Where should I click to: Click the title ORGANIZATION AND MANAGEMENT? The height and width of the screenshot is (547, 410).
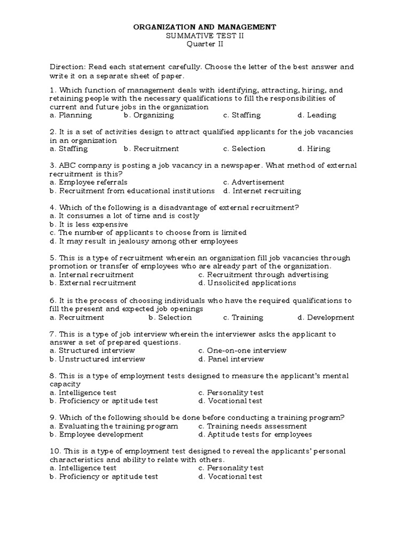(x=204, y=26)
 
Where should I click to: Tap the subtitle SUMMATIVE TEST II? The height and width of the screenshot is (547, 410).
(x=204, y=35)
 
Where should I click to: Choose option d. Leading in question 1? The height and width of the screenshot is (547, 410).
(x=317, y=115)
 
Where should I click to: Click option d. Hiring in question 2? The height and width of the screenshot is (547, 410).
(x=314, y=149)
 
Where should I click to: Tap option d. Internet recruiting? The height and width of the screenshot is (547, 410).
(x=262, y=191)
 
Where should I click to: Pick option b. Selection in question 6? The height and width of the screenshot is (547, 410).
(x=170, y=317)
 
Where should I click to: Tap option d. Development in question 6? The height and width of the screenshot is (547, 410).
(x=326, y=317)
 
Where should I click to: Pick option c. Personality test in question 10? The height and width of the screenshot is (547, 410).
(x=231, y=468)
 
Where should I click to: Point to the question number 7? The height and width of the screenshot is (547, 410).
(x=52, y=334)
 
